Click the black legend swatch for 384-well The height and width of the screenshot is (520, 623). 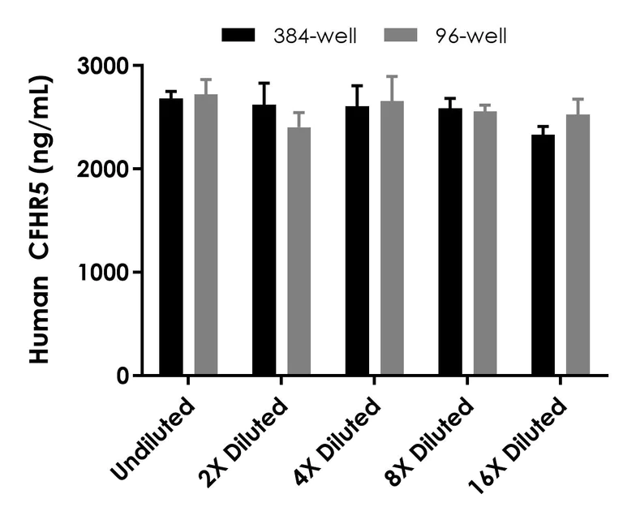coord(238,36)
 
